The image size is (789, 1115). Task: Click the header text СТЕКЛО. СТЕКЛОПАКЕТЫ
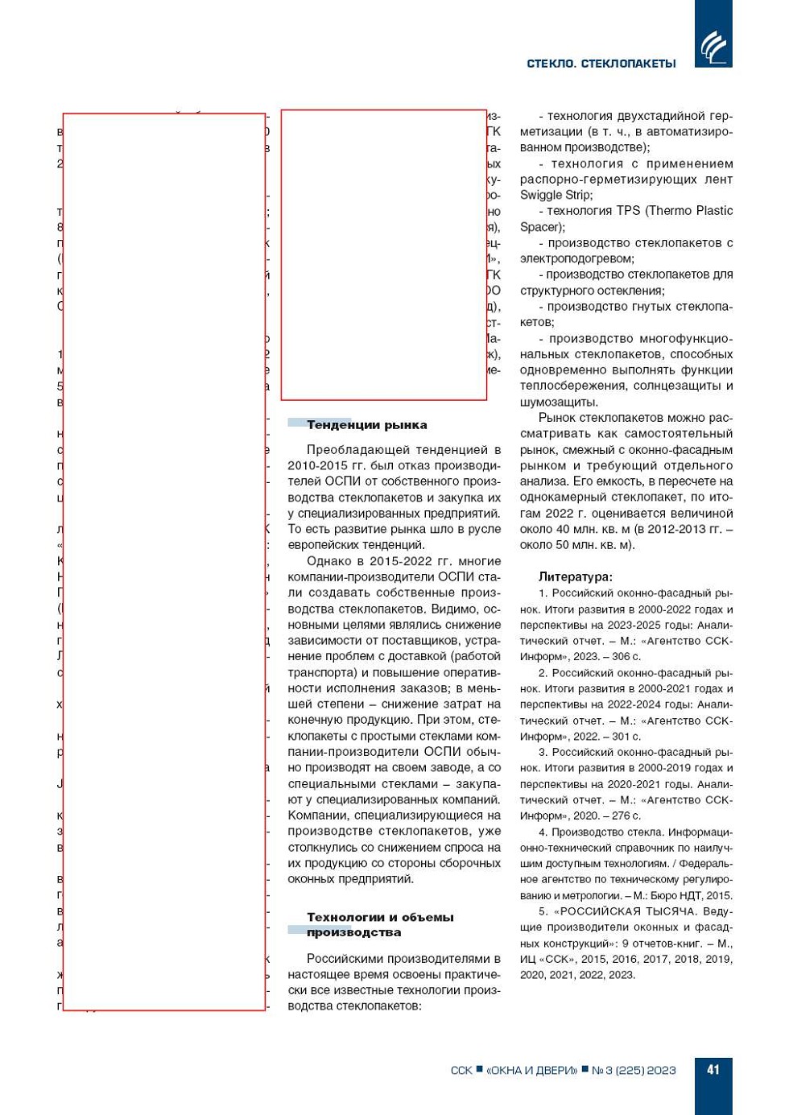click(601, 64)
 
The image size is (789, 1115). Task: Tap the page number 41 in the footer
click(713, 1070)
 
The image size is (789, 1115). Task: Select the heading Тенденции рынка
click(366, 425)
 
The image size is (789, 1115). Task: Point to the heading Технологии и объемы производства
click(379, 924)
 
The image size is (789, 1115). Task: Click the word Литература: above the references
click(575, 576)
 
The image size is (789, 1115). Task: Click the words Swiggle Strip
click(556, 195)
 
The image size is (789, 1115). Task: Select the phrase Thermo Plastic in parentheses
click(693, 211)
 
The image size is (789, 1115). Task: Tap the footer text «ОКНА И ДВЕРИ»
click(531, 1071)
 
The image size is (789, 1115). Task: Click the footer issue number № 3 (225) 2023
click(634, 1071)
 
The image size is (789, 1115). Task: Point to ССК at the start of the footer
click(461, 1071)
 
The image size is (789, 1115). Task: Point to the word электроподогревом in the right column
click(576, 258)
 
